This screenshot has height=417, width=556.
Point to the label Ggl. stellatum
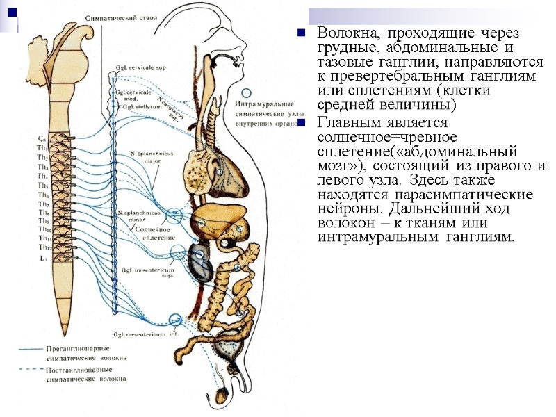coord(138,106)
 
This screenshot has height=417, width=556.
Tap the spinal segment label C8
coord(42,138)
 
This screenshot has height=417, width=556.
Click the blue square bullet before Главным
coord(301,123)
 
